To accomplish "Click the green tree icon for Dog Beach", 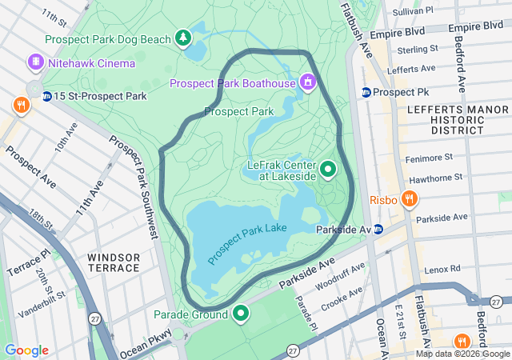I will [x=184, y=38].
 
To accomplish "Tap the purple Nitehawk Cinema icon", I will [x=35, y=62].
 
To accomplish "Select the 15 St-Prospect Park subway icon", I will [x=47, y=96].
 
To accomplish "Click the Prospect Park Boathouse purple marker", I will [x=306, y=82].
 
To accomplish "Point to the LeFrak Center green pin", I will [x=328, y=170].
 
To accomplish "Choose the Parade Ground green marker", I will [x=239, y=314].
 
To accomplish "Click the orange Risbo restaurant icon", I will [x=410, y=198].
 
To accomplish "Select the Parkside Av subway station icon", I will [x=379, y=229].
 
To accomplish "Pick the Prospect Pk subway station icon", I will [x=366, y=92].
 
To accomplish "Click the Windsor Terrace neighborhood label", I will [x=114, y=262].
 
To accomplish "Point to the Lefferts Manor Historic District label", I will [x=446, y=118].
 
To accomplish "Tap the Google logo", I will [x=26, y=350].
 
